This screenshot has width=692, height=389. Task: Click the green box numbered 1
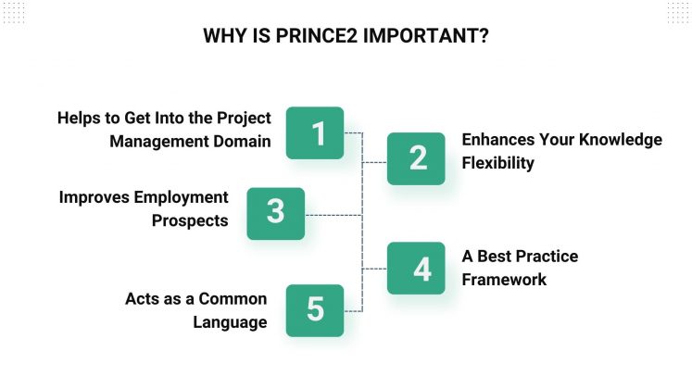[315, 133]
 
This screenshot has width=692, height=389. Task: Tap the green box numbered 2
[417, 158]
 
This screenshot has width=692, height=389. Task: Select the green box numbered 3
[275, 212]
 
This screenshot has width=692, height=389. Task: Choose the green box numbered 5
[315, 309]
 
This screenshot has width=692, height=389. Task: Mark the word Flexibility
[498, 163]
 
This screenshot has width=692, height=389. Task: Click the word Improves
[94, 197]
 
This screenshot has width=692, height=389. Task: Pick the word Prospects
[190, 220]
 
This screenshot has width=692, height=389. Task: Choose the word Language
[230, 322]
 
